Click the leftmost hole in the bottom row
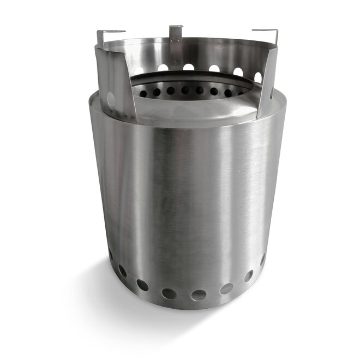pos(111,254)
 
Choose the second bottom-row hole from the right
pos(248,276)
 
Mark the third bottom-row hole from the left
pos(142,285)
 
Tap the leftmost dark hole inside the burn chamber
pos(143,93)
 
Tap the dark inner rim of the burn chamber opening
pos(191,79)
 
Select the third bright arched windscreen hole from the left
pos(189,67)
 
